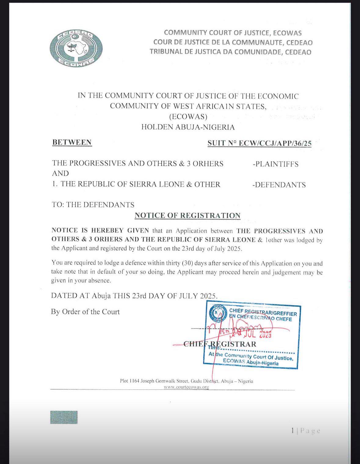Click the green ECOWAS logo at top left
tap(76, 48)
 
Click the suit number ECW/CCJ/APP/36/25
tap(259, 143)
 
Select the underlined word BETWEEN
tap(72, 143)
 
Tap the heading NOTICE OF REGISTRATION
tap(187, 216)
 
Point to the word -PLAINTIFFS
tap(275, 164)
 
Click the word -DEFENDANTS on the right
tap(279, 185)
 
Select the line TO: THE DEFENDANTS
tap(93, 205)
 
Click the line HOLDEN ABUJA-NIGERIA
tap(188, 127)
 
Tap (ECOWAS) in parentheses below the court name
tap(188, 117)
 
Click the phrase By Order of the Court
tap(85, 312)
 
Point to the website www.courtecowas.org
tap(186, 387)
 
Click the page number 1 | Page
tap(305, 431)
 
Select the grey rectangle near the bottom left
tap(64, 417)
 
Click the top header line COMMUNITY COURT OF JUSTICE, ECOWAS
tap(233, 33)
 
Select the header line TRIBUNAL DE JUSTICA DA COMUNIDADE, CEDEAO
tap(230, 52)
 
